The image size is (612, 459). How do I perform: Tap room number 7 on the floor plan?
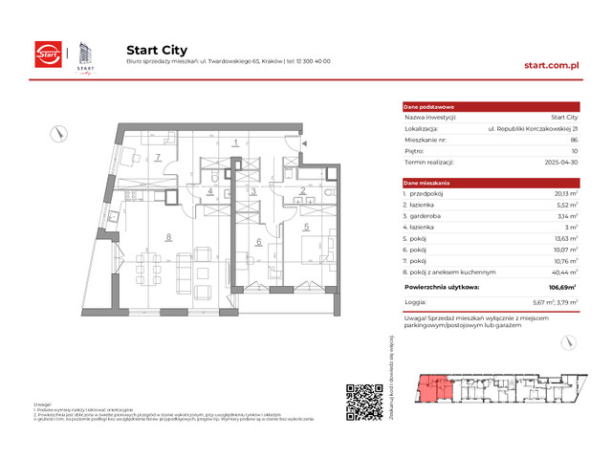[159, 157]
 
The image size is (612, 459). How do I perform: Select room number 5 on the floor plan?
[306, 228]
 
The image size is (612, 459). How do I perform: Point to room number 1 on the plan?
[235, 144]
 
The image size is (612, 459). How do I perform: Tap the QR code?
[364, 403]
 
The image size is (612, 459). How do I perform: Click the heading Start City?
[157, 50]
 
